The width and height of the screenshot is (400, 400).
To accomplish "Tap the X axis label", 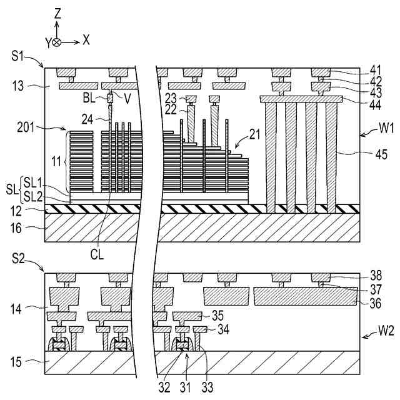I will tap(86, 40).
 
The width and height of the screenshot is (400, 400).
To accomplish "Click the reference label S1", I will tap(19, 57).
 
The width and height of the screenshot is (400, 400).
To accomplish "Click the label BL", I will tap(90, 98).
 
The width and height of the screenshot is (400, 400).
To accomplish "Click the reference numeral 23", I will tap(171, 97).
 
